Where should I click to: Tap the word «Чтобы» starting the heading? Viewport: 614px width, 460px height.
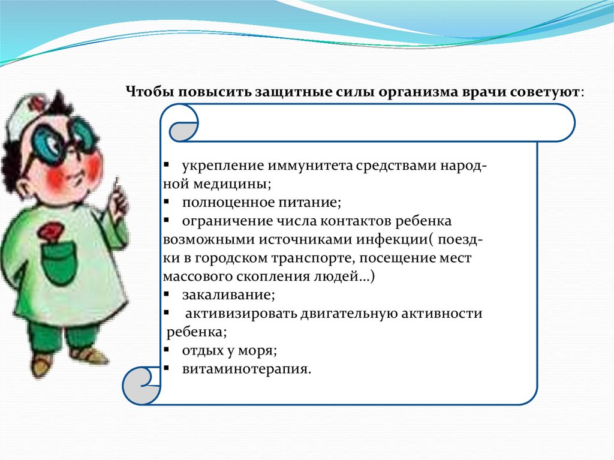(150, 92)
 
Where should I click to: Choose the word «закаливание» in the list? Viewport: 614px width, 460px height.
(228, 295)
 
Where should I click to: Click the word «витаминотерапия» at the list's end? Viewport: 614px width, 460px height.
(246, 369)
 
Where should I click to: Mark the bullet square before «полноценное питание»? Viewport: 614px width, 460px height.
(167, 202)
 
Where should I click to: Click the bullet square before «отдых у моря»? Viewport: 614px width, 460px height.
(167, 349)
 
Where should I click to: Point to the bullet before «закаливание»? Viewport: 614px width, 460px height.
(167, 294)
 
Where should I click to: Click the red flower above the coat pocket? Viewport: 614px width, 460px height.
(50, 231)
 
